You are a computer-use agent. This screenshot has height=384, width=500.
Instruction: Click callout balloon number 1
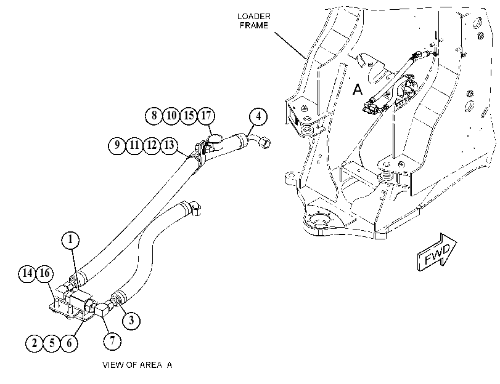(70, 240)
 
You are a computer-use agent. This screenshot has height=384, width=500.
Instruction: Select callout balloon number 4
(258, 116)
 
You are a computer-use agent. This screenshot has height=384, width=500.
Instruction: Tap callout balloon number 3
(131, 320)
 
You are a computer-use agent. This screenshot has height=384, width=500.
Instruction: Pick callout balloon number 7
(112, 341)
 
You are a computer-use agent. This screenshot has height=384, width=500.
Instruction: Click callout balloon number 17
(206, 116)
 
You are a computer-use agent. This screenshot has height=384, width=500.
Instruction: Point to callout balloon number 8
(154, 116)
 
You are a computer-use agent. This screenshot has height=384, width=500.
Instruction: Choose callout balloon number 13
(169, 145)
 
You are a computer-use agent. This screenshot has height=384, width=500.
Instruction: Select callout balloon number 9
(117, 145)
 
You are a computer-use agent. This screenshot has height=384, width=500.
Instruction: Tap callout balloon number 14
(27, 273)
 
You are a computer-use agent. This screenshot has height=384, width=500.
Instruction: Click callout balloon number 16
(44, 273)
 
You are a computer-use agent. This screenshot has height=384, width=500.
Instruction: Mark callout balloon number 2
(35, 343)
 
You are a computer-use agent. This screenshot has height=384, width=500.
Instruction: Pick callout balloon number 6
(69, 343)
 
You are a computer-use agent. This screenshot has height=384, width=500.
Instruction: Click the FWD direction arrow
(437, 252)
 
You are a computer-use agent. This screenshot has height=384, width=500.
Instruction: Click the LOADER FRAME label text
(254, 21)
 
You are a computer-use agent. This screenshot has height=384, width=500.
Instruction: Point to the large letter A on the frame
(358, 89)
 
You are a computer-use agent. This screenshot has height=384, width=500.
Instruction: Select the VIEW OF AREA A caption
(137, 365)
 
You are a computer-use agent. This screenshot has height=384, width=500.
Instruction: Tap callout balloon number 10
(171, 116)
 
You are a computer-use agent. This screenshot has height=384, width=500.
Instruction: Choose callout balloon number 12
(152, 145)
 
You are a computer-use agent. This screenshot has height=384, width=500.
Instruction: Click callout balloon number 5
(52, 343)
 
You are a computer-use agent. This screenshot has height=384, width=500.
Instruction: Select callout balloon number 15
(189, 116)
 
